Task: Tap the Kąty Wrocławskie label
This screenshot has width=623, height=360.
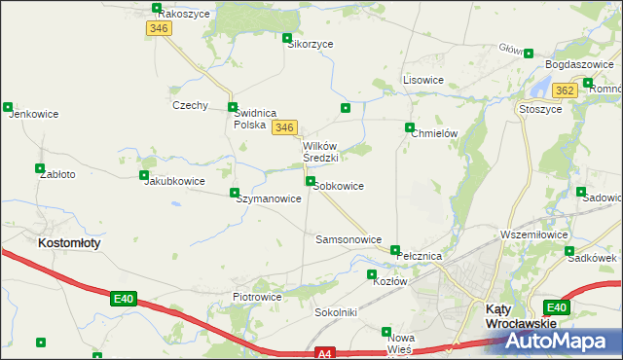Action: coord(520,315)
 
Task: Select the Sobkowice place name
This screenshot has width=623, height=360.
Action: coord(339,186)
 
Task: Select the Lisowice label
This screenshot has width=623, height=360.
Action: coord(423,80)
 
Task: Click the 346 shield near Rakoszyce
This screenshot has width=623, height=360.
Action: coord(160,29)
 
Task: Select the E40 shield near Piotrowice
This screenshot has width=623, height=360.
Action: coord(122,299)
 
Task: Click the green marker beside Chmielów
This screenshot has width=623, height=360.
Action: coord(410,127)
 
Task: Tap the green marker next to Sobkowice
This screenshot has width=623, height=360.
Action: coord(310,182)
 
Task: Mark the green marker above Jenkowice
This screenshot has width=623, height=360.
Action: coord(8,107)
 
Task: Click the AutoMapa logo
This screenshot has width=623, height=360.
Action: coord(562,342)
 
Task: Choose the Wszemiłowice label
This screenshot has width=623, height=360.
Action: coord(532,234)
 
